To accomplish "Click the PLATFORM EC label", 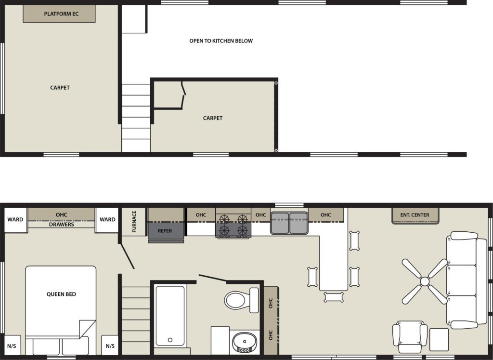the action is (x=61, y=14).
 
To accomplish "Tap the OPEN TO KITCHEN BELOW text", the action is (x=221, y=41).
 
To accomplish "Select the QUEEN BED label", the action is (x=61, y=294).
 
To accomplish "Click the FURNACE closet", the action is (x=134, y=222).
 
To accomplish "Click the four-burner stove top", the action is (x=233, y=226).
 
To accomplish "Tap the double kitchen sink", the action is (x=289, y=223).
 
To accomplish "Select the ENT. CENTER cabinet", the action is (x=415, y=215).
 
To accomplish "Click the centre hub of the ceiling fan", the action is (x=425, y=281).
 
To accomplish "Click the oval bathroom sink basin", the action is (x=244, y=341).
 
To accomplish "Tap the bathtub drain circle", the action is (x=170, y=340).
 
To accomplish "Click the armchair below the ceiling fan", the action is (x=410, y=337).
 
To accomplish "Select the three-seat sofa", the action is (x=466, y=280).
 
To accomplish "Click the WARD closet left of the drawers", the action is (x=15, y=220).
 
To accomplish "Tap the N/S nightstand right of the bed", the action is (x=110, y=346).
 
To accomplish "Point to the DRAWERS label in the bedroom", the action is (x=62, y=225).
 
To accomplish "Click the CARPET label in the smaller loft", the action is (x=212, y=118).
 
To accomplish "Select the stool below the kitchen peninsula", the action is (x=334, y=297).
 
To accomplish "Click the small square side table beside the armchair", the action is (x=439, y=340).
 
